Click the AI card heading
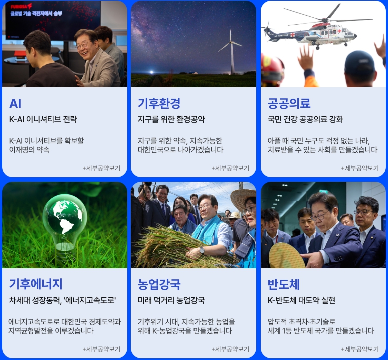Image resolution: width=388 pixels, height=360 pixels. click(x=15, y=103)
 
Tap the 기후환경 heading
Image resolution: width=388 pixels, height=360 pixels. click(x=159, y=103)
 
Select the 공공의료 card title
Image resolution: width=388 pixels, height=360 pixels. click(x=289, y=103)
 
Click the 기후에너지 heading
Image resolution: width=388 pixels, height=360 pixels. click(x=36, y=284)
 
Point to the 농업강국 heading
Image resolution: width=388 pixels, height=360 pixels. click(x=159, y=284)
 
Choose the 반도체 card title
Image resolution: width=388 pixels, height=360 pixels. click(x=284, y=284)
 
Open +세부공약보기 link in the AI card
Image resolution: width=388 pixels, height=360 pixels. click(x=101, y=168)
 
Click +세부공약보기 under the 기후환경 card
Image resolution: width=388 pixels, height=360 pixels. click(x=230, y=168)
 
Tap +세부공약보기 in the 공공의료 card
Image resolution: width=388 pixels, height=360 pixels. click(x=360, y=168)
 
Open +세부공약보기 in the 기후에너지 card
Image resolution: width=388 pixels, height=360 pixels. click(x=101, y=349)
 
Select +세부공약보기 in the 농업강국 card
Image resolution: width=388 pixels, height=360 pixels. click(x=230, y=349)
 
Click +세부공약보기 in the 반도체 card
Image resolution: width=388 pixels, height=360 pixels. click(x=360, y=349)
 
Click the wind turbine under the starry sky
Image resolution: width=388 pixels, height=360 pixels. click(x=232, y=52)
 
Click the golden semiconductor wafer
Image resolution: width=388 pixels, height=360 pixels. click(x=287, y=256)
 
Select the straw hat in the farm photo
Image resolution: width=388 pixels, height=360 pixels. click(x=244, y=198)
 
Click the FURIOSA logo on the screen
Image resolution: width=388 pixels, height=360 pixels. click(x=21, y=6)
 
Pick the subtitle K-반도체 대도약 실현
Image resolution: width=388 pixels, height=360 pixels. click(x=301, y=300)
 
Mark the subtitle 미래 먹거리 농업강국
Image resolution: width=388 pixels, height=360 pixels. click(x=171, y=300)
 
